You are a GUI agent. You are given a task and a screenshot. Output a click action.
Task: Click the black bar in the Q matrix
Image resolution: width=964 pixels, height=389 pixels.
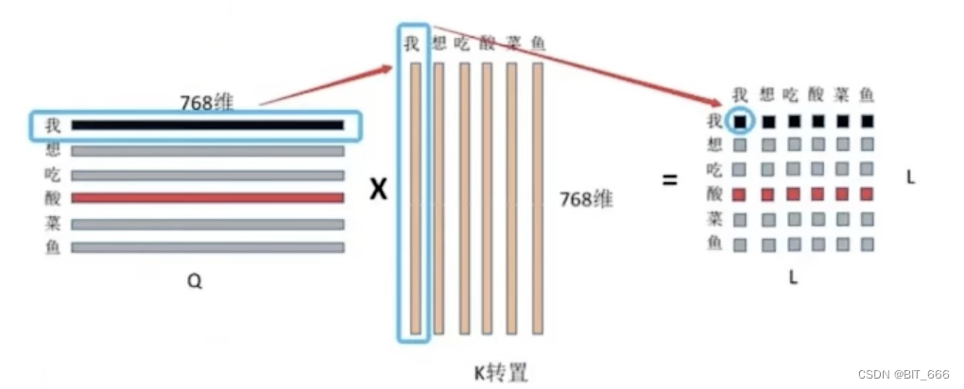[x=207, y=125]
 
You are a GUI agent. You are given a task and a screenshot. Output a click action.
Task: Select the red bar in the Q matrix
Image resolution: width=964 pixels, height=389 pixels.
[x=207, y=198]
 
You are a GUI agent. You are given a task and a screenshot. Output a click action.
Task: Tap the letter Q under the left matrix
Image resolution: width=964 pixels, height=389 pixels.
[x=195, y=281]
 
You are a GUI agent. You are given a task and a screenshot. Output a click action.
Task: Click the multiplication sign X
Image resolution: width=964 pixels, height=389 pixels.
[x=378, y=190]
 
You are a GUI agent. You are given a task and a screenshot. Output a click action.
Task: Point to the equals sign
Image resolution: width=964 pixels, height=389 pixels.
[x=670, y=177]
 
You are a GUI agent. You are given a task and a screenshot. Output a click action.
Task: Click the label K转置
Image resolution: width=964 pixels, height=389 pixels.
[x=501, y=371]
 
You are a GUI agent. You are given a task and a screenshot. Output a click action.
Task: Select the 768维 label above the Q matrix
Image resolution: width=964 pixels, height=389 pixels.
[x=208, y=100]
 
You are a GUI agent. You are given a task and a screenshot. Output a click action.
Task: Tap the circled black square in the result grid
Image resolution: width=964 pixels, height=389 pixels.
[x=741, y=121]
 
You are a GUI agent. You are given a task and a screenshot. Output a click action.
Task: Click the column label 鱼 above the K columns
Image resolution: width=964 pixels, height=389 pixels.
[x=538, y=43]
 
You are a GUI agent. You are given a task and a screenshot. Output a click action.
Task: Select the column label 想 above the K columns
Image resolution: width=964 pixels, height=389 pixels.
[x=439, y=43]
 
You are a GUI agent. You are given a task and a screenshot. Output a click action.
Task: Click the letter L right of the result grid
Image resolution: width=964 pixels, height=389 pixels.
[x=910, y=177]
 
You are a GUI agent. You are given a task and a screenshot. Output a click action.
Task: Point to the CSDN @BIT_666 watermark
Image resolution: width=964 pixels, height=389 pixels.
[x=904, y=374]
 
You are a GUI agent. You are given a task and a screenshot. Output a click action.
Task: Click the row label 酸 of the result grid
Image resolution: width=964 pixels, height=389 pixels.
[x=714, y=194]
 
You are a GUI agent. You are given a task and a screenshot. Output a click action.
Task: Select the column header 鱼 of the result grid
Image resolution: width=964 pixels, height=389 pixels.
[x=865, y=95]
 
